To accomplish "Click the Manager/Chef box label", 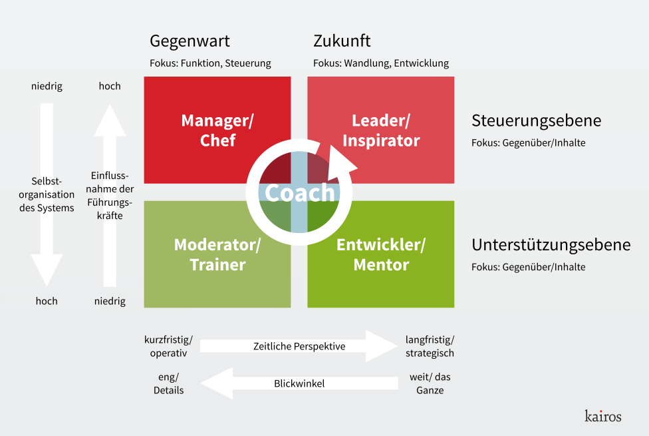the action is point(217,130).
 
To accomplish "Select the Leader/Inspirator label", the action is point(381,130).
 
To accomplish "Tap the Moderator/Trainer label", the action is point(217,254).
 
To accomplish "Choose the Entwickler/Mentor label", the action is point(381,254).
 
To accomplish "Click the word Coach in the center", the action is point(299,193).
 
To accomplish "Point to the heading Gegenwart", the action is point(190,41).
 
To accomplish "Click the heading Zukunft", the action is point(342,41).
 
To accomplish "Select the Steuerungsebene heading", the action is point(536,120).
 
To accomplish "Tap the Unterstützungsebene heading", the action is point(551,244).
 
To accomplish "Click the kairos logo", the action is point(603,415).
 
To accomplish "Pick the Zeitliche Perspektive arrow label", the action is point(299,346).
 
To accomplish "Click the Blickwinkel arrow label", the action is point(299,383).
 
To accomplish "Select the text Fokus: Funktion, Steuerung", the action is point(210,63).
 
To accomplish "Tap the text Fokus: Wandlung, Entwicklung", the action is point(381,63).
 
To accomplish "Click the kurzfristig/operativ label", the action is point(168,347).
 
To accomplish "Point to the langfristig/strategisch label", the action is point(430,347).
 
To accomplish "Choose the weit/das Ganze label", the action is point(430,383).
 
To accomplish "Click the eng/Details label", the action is point(168,383).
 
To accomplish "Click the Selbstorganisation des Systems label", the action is point(47,194).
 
